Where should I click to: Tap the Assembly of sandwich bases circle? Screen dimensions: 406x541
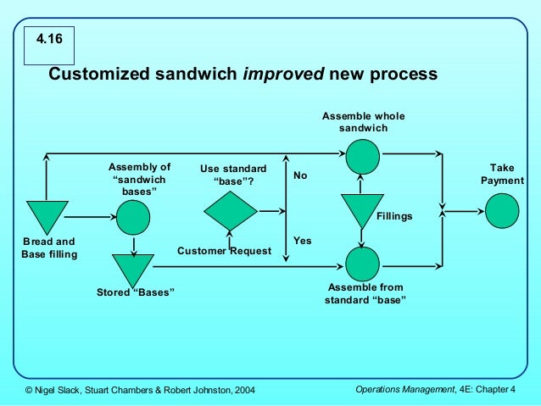133,218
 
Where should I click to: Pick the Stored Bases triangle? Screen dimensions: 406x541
133,269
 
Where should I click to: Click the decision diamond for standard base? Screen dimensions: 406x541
231,210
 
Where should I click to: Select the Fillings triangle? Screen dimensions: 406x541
362,208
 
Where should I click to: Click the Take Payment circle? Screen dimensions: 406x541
502,210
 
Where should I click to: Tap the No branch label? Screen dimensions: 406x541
300,175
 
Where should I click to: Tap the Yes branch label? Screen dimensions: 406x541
302,241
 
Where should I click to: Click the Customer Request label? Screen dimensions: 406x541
224,251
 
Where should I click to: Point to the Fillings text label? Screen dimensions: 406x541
394,216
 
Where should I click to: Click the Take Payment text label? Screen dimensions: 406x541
502,175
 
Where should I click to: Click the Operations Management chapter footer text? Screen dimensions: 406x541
436,388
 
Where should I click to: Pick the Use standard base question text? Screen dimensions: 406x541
232,175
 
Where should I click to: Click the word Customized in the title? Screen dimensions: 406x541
101,74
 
